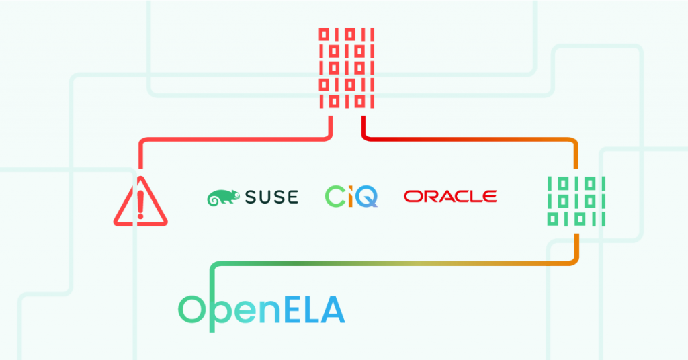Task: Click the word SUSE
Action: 270,197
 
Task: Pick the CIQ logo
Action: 351,196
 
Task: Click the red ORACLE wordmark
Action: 450,196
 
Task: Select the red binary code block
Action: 346,68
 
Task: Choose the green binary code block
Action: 576,200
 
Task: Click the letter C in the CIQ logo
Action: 335,196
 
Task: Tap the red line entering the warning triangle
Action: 140,154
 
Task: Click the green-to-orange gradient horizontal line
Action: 390,263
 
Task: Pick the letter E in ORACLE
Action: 490,196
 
